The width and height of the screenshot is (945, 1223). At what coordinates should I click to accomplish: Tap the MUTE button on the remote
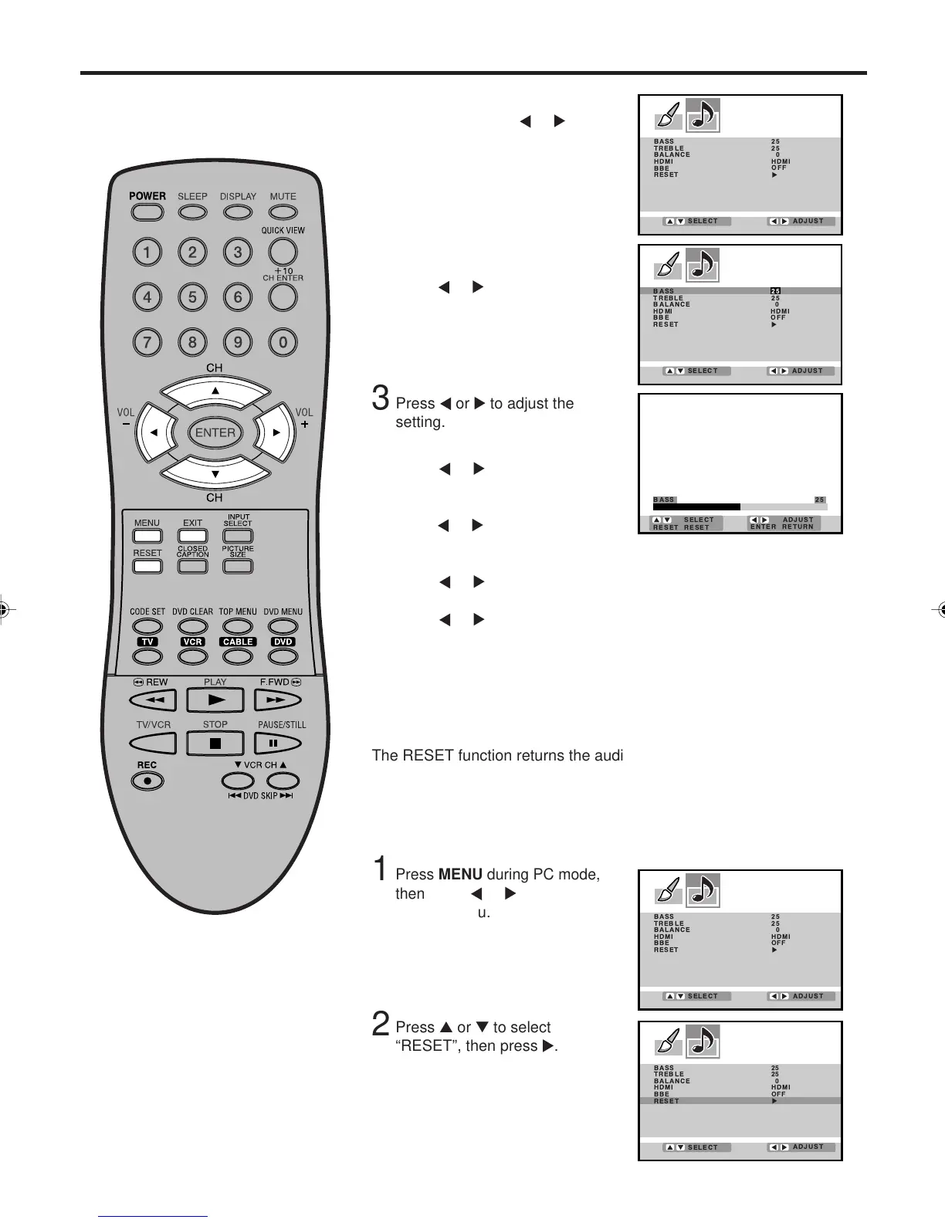(x=283, y=213)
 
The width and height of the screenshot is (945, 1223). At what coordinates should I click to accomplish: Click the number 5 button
(x=192, y=297)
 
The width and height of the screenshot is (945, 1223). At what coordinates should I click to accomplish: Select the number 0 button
(x=283, y=342)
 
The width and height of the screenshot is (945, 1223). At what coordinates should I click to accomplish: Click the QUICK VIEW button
(x=283, y=251)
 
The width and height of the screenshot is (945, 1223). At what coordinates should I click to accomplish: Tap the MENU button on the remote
(x=147, y=536)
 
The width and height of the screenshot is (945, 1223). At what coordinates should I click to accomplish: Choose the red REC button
(x=147, y=781)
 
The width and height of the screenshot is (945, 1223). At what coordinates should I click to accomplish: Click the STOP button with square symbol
(x=215, y=744)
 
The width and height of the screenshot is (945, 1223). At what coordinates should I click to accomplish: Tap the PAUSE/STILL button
(x=273, y=744)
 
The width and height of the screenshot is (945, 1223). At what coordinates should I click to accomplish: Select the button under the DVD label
(x=283, y=656)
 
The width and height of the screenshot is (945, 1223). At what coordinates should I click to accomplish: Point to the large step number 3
(x=380, y=398)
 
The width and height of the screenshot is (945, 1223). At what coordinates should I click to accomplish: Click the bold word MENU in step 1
(x=460, y=875)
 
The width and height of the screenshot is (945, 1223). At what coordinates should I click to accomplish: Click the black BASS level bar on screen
(x=696, y=507)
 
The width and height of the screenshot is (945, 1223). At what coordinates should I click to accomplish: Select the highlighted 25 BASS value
(x=775, y=291)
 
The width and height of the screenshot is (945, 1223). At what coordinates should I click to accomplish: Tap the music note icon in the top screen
(x=703, y=116)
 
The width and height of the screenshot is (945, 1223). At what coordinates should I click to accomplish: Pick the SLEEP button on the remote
(x=192, y=213)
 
